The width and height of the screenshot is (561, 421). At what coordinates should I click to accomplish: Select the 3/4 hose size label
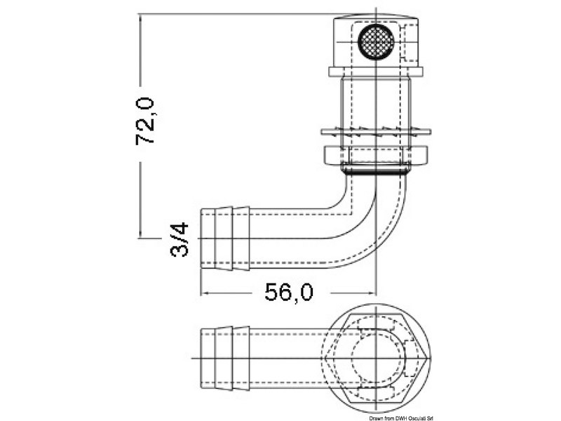(180, 239)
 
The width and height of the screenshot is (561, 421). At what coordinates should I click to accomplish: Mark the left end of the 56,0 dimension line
(201, 293)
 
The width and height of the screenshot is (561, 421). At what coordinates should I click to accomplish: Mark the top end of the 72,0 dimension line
(140, 14)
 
